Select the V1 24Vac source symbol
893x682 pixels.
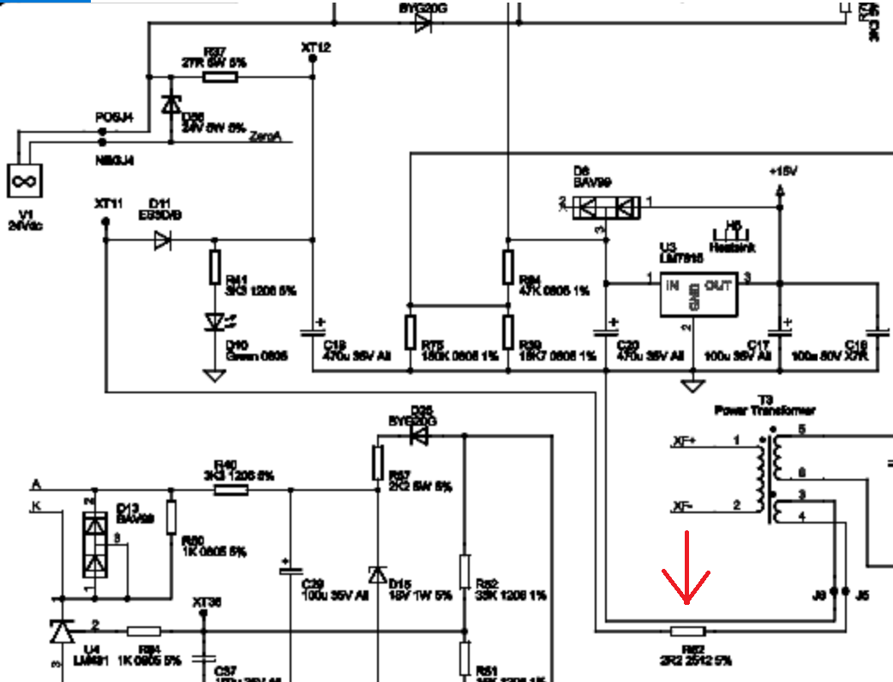click(x=24, y=182)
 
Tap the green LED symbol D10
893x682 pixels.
click(x=214, y=322)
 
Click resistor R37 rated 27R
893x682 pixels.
click(x=219, y=77)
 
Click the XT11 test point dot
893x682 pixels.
click(x=105, y=222)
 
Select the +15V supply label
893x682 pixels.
click(x=782, y=171)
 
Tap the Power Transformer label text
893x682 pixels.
click(x=765, y=410)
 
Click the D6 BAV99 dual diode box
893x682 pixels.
click(x=608, y=206)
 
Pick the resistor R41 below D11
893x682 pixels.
click(x=215, y=267)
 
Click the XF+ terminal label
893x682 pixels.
click(x=684, y=442)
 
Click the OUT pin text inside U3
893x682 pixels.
click(x=718, y=285)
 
